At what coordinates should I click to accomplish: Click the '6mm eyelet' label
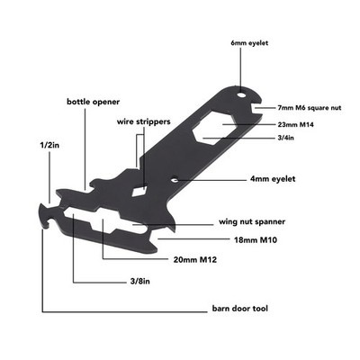[249, 43]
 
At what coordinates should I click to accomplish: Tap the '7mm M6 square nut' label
[310, 108]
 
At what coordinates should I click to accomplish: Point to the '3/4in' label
[285, 138]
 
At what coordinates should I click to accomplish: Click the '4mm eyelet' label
[273, 179]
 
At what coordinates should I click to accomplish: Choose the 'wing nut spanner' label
[252, 222]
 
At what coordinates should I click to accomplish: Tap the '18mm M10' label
[256, 240]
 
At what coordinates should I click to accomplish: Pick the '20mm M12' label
[195, 259]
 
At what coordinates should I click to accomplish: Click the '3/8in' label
[140, 282]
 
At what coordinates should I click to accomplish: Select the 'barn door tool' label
[240, 309]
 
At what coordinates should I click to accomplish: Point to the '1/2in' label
[49, 146]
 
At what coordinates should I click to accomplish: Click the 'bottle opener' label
[93, 102]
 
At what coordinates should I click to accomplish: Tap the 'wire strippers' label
[143, 121]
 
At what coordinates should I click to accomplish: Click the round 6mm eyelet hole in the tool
[241, 95]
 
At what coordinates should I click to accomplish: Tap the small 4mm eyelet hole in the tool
[175, 180]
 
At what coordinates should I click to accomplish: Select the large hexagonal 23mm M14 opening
[212, 127]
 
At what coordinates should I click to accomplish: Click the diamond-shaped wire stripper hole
[139, 191]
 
